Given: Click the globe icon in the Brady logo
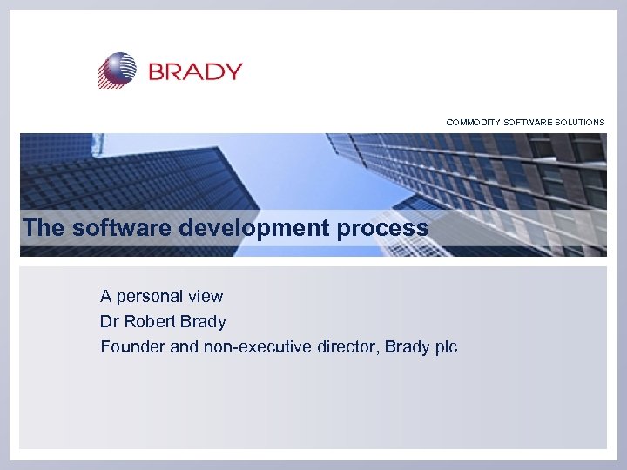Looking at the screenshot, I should pyautogui.click(x=118, y=70).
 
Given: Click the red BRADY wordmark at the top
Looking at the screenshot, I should pyautogui.click(x=195, y=71).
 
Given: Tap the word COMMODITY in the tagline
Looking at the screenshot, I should pyautogui.click(x=474, y=123).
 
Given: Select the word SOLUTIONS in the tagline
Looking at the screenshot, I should pyautogui.click(x=576, y=123).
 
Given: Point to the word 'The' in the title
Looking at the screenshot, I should pyautogui.click(x=44, y=228).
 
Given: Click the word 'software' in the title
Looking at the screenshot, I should pyautogui.click(x=124, y=228).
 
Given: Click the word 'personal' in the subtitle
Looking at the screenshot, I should pyautogui.click(x=152, y=297).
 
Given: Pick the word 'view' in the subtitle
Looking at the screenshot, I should pyautogui.click(x=206, y=297).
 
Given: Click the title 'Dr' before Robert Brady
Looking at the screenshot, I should pyautogui.click(x=110, y=322).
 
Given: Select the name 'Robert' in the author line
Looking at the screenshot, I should pyautogui.click(x=148, y=322).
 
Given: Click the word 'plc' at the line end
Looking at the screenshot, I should pyautogui.click(x=446, y=347).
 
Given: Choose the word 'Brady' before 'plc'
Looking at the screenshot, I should pyautogui.click(x=408, y=347).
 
